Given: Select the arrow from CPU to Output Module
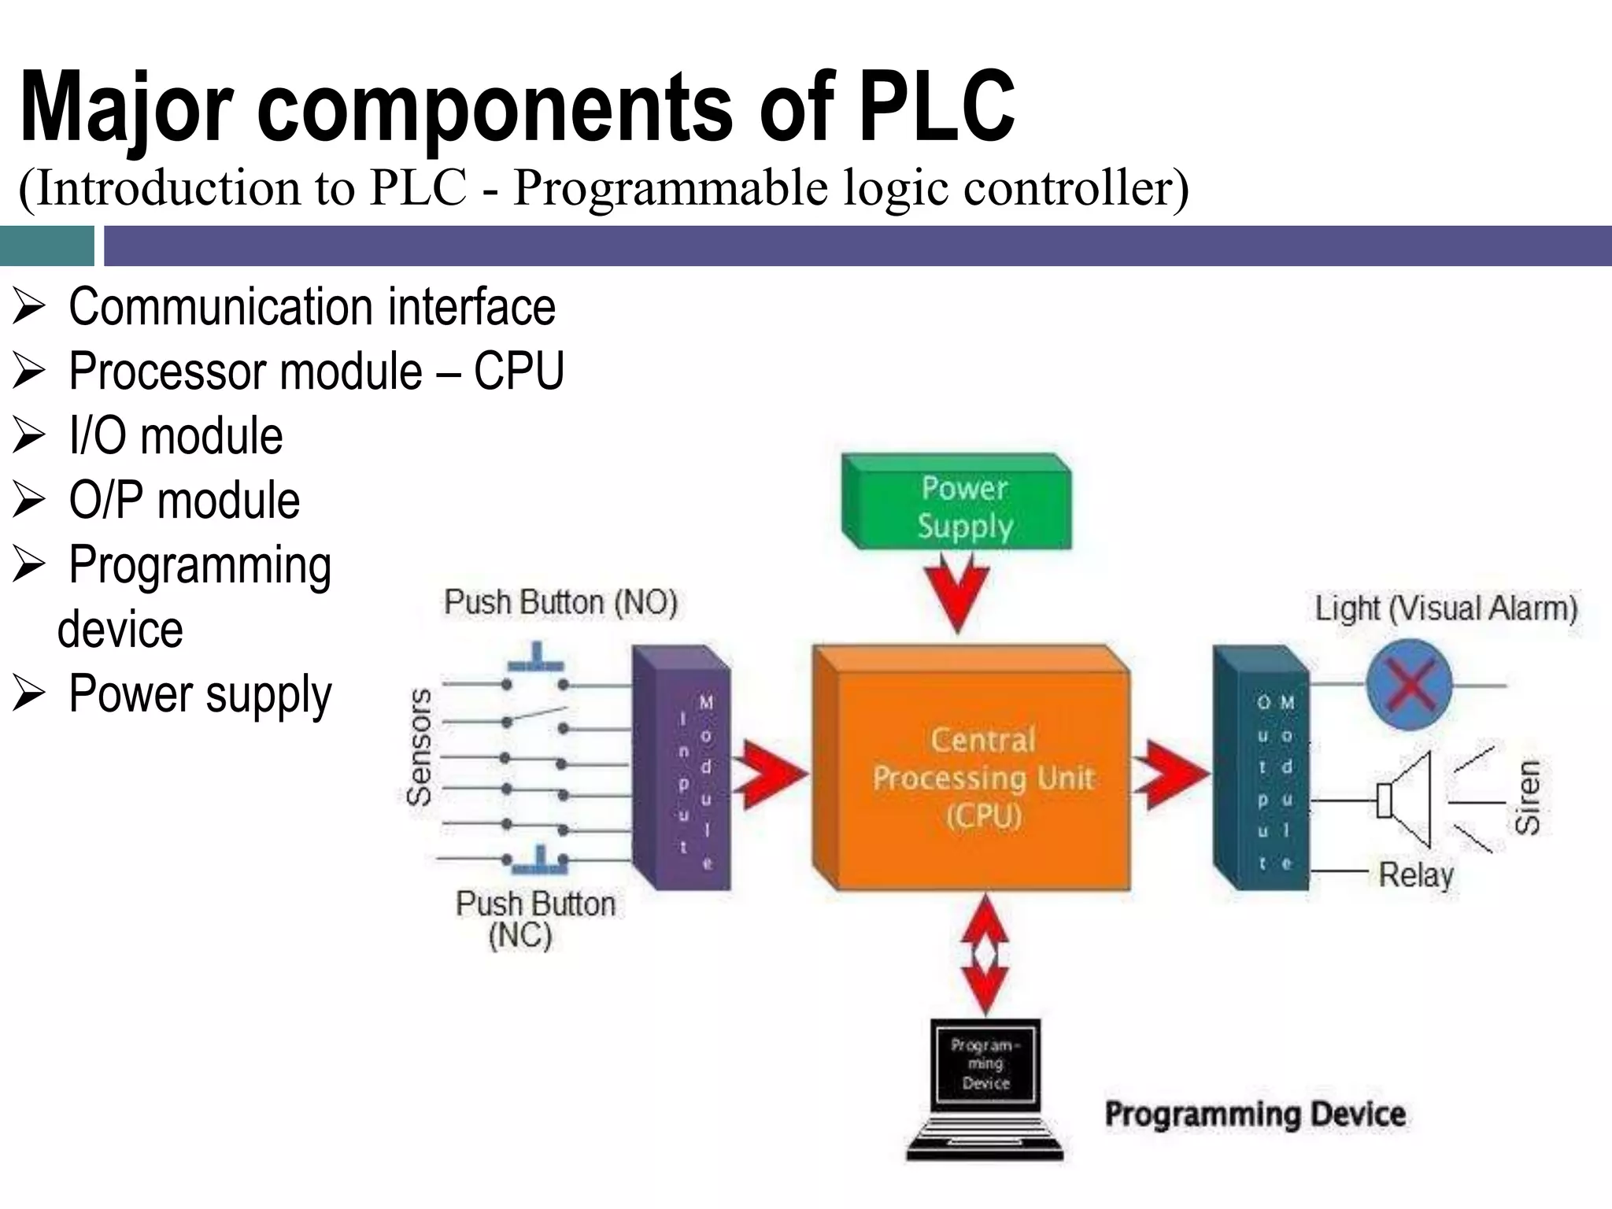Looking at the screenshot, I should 1173,774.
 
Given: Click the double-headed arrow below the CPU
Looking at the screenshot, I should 985,955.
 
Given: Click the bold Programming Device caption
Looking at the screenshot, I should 1255,1114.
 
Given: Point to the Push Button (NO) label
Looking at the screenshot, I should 560,603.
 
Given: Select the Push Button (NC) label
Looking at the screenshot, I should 535,919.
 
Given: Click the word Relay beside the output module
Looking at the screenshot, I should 1415,874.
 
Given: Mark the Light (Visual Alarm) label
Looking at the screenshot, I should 1447,608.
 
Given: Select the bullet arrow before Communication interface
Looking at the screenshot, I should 29,307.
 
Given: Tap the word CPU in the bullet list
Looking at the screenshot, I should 519,371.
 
